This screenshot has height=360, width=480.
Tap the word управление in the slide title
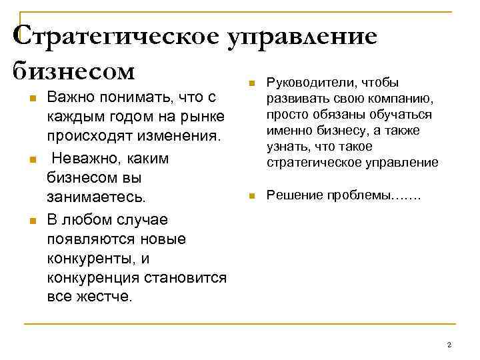(x=303, y=36)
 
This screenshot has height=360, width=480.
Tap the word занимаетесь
(x=92, y=198)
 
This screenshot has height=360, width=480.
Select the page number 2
(x=449, y=344)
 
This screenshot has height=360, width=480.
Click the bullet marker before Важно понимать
(x=31, y=99)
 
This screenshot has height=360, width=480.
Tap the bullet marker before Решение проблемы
(x=251, y=196)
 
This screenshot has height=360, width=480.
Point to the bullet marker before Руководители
(x=251, y=83)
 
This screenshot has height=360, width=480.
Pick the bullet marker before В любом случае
(x=31, y=219)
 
